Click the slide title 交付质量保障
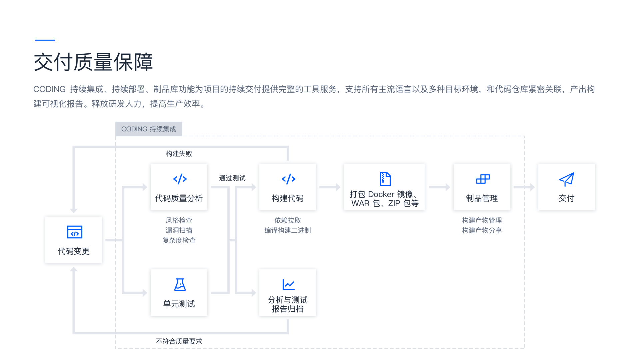tap(93, 62)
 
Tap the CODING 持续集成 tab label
tap(149, 129)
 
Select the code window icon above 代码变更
tap(74, 232)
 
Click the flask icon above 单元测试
tap(180, 285)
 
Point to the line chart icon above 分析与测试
tap(288, 285)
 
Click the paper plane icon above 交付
tap(567, 179)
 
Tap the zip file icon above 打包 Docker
tap(385, 179)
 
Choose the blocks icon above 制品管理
tap(483, 179)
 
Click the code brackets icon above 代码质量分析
tap(180, 179)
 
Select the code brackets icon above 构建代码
tap(288, 179)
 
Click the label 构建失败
tap(179, 154)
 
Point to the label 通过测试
tap(232, 178)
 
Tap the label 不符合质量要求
tap(179, 341)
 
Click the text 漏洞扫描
tap(179, 230)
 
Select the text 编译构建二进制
tap(288, 230)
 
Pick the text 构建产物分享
tap(482, 230)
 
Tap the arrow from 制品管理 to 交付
tap(524, 187)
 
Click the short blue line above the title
tap(45, 40)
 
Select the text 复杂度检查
tap(179, 240)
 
